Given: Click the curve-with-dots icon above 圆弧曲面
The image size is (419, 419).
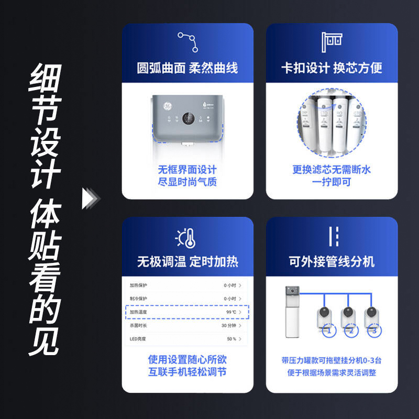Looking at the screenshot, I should (x=188, y=42).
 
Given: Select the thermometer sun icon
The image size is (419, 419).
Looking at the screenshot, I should (x=188, y=239).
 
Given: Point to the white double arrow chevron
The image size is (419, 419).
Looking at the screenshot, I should (x=91, y=198).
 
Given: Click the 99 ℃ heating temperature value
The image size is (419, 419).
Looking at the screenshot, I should (x=231, y=312).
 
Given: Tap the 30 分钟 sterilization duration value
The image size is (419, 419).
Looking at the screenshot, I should (x=231, y=326).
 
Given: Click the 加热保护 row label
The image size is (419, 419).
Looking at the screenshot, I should (x=139, y=285).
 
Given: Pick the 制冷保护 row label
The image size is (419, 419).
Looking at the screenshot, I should (x=139, y=299).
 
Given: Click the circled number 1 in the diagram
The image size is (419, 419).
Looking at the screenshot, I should (x=328, y=331).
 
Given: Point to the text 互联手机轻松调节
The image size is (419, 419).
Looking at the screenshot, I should (x=187, y=372).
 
